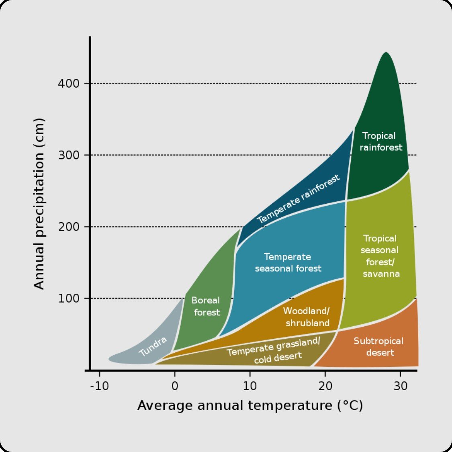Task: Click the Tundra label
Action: pos(153,346)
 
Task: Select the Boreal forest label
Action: pos(206,306)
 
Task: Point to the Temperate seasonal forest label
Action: pos(288,262)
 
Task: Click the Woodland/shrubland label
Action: pos(307,317)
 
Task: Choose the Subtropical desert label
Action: pos(378,347)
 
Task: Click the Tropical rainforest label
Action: pos(380,141)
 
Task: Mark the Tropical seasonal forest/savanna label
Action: pos(380,256)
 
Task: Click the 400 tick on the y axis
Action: pos(69,84)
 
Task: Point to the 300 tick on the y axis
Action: pos(69,155)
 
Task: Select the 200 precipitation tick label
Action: pos(69,227)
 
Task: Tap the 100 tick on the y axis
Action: pos(69,298)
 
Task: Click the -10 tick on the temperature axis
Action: pos(99,386)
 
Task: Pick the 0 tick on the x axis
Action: pos(175,386)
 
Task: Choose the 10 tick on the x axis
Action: pos(250,386)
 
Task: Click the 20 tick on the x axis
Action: pos(325,386)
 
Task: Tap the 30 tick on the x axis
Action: pos(400,386)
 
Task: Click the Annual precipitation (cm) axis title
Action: pos(39,204)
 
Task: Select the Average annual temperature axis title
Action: pos(250,405)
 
